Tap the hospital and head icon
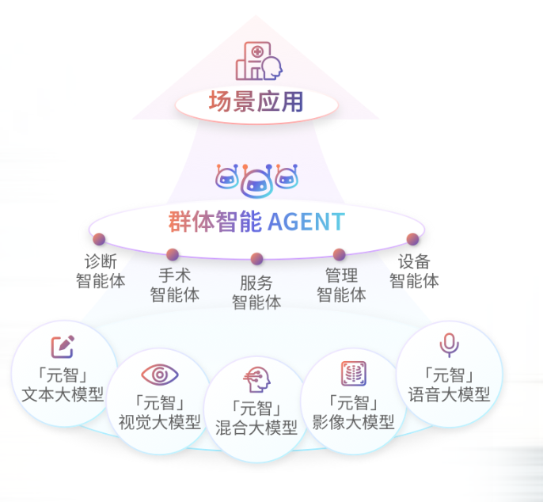(260, 60)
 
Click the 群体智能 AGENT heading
(256, 222)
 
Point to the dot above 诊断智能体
(99, 239)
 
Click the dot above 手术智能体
(173, 254)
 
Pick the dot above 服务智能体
(256, 259)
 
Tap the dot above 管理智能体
(340, 254)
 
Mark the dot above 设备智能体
(412, 239)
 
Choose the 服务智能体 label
(256, 292)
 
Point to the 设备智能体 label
(414, 271)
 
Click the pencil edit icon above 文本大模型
(63, 346)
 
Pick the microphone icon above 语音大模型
(450, 345)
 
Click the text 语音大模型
(450, 394)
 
